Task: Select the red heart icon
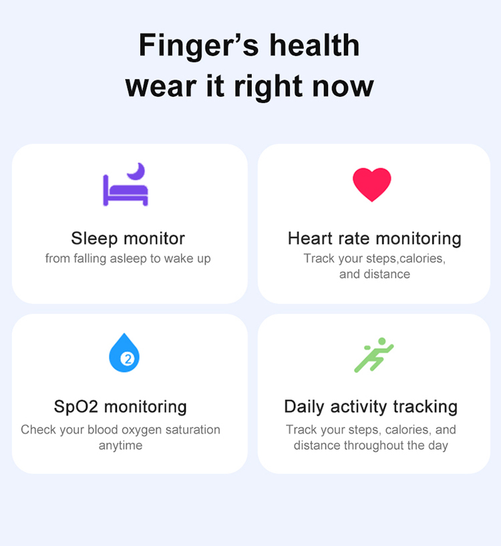pos(371,185)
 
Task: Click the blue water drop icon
pos(124,353)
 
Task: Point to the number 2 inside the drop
pos(128,359)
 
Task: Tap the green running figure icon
pos(374,355)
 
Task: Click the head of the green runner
pos(381,341)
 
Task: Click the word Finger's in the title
pos(198,46)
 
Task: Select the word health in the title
pos(315,45)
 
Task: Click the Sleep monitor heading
pos(128,238)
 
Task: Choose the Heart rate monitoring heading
pos(375,239)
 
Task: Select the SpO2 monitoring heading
pos(120,407)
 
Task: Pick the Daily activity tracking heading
pos(371,407)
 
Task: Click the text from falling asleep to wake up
pos(128,259)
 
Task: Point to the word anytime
pos(121,446)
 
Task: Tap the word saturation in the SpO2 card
pos(192,430)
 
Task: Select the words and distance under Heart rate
pos(375,274)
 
